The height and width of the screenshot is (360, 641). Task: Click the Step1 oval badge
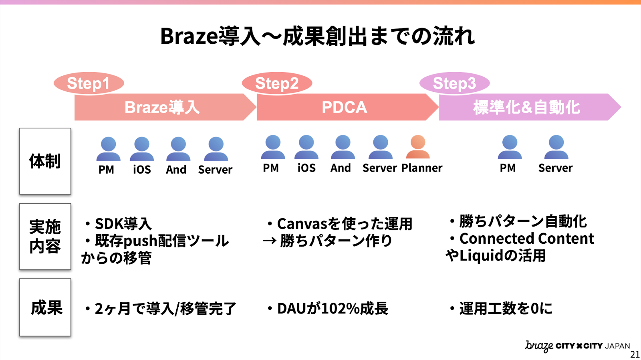click(x=89, y=83)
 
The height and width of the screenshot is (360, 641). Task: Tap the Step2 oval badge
click(x=277, y=83)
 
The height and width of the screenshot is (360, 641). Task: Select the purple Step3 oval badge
click(x=454, y=83)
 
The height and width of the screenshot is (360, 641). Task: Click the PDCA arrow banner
click(x=345, y=107)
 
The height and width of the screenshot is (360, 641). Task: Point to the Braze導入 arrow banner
click(x=162, y=107)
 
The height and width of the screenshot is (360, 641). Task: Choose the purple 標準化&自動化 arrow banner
click(x=527, y=107)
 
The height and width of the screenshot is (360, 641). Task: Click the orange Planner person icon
click(x=418, y=147)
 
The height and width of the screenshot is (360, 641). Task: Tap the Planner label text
click(x=422, y=168)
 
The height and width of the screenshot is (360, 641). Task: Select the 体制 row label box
click(x=45, y=161)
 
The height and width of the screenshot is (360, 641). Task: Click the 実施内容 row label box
click(x=45, y=237)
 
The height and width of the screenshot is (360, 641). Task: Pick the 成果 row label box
click(x=45, y=307)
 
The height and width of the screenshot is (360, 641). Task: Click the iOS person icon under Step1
click(x=142, y=149)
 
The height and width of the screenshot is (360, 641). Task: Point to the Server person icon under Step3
click(x=556, y=147)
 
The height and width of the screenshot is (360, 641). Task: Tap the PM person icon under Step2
click(x=273, y=147)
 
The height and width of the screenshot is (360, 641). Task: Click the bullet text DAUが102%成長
click(x=332, y=309)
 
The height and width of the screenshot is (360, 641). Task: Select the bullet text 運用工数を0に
click(x=506, y=309)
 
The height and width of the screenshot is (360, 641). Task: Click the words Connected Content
click(x=526, y=239)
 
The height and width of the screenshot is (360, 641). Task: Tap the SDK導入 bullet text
click(x=123, y=224)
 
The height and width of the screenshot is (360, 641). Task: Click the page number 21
click(x=635, y=354)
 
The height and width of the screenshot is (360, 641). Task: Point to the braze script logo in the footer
click(x=539, y=346)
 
